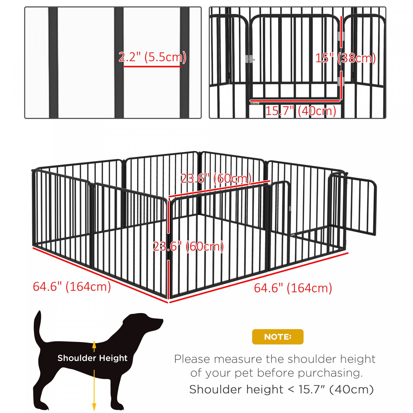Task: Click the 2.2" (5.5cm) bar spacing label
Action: coord(152,57)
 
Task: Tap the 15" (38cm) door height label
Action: coord(345,58)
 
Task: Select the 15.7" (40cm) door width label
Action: coord(300,111)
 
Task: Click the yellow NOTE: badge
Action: coord(278,337)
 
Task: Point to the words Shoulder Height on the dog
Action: coord(92,358)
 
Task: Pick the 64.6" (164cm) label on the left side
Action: coord(72,287)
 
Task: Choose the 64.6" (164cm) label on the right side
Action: coord(293,288)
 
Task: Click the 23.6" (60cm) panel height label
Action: coord(188,246)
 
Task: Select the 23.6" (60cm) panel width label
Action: coord(216,178)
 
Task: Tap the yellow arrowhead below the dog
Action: coord(94,407)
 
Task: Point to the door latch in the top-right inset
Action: coord(249,59)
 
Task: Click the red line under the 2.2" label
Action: coord(152,66)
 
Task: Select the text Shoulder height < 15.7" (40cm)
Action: coord(281,389)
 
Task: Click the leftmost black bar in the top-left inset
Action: coord(53,63)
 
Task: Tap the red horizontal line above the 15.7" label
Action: coord(295,101)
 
